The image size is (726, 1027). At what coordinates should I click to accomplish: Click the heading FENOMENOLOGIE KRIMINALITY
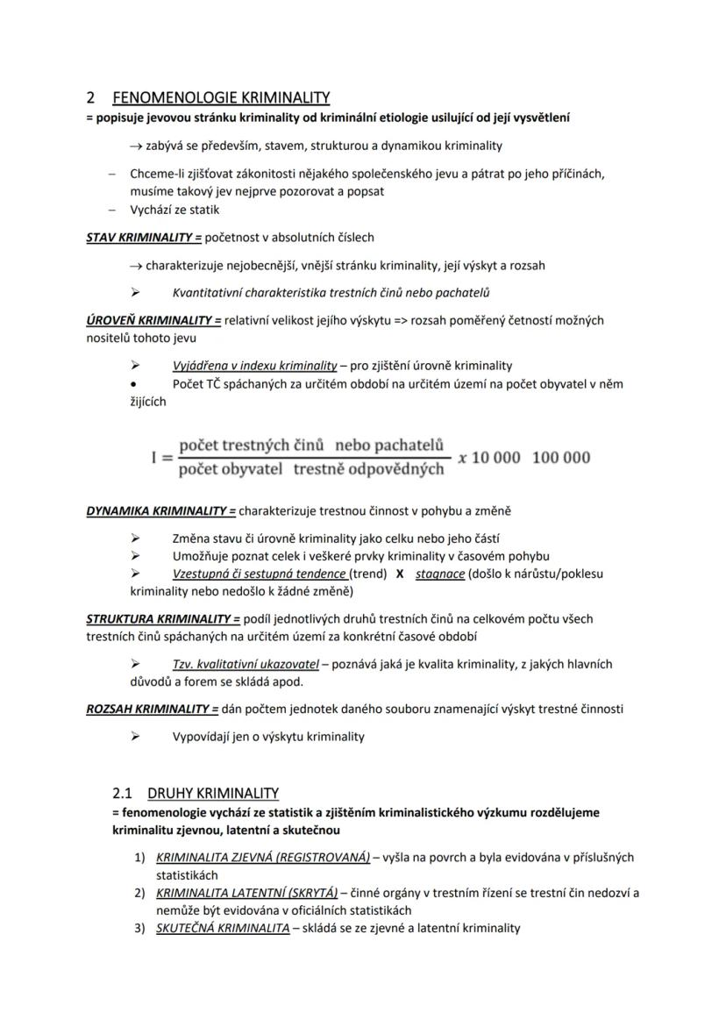(x=221, y=97)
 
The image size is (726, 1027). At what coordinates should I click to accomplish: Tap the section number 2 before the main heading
(x=90, y=97)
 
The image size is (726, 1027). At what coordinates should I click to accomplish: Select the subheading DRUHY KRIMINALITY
(x=213, y=793)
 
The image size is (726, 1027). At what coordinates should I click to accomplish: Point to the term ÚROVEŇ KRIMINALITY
(x=153, y=320)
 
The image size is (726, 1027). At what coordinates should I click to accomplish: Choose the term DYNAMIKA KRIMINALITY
(x=160, y=510)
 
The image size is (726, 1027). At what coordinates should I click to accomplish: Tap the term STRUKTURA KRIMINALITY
(x=162, y=618)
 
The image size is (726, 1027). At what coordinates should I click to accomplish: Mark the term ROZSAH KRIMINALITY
(x=151, y=709)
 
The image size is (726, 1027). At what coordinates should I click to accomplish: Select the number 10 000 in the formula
(x=495, y=458)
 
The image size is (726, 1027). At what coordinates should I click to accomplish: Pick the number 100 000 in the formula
(x=561, y=458)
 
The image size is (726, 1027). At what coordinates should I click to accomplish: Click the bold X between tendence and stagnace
(x=400, y=574)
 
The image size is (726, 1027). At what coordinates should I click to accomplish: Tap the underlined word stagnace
(x=440, y=574)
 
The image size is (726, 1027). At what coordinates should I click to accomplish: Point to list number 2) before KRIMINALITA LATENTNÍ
(x=139, y=893)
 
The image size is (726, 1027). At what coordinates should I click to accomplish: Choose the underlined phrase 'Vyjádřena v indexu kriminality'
(x=255, y=366)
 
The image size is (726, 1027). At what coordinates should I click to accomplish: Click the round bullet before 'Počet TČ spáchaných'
(x=133, y=384)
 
